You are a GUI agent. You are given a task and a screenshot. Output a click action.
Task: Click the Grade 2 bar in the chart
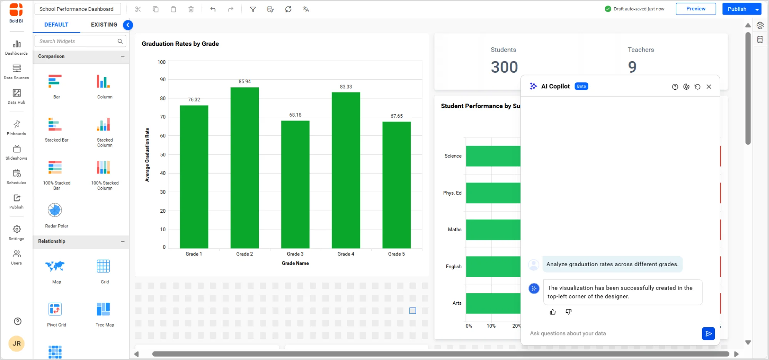pos(245,168)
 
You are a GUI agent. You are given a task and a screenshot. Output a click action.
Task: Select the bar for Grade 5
pos(396,185)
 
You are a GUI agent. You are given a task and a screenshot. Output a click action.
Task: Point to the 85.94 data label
pos(245,82)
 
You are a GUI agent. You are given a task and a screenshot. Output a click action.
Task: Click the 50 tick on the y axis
pos(163,155)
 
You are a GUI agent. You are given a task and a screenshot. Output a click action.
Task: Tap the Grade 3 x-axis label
pos(295,254)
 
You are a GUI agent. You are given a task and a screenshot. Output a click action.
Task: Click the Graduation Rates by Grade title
pos(180,44)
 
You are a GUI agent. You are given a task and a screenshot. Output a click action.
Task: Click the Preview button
pos(696,9)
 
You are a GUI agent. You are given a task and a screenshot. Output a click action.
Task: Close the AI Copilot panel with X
pos(709,87)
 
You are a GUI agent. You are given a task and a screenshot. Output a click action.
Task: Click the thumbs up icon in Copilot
pos(553,312)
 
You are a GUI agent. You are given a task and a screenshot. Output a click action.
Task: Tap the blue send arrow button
pos(708,333)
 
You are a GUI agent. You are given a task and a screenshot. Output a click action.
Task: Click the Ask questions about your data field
pos(611,333)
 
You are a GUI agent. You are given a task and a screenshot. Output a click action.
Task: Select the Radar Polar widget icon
pos(55,210)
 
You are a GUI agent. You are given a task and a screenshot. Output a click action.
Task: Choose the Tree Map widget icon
pos(103,309)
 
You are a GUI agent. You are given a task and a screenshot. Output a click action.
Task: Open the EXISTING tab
pos(104,25)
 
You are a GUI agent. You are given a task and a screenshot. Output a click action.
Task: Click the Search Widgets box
pos(77,41)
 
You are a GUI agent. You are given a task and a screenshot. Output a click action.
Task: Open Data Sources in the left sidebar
pos(17,72)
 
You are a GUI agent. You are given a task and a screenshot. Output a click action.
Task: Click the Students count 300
pos(504,67)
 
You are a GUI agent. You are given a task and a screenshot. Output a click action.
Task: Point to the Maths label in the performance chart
pos(454,230)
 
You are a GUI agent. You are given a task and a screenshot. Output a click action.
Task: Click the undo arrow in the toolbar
pos(213,9)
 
